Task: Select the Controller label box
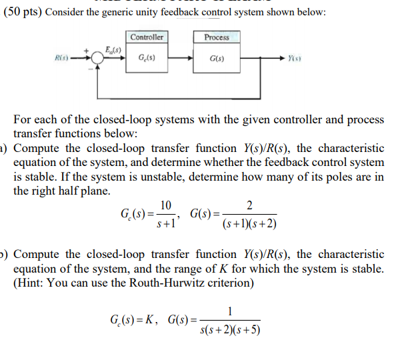tap(147, 37)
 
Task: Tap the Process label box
tap(217, 37)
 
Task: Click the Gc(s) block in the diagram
tap(147, 59)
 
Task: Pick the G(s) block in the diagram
tap(217, 59)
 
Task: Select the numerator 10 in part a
tap(166, 204)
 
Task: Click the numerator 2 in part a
tap(249, 204)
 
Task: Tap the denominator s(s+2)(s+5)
tap(230, 329)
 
